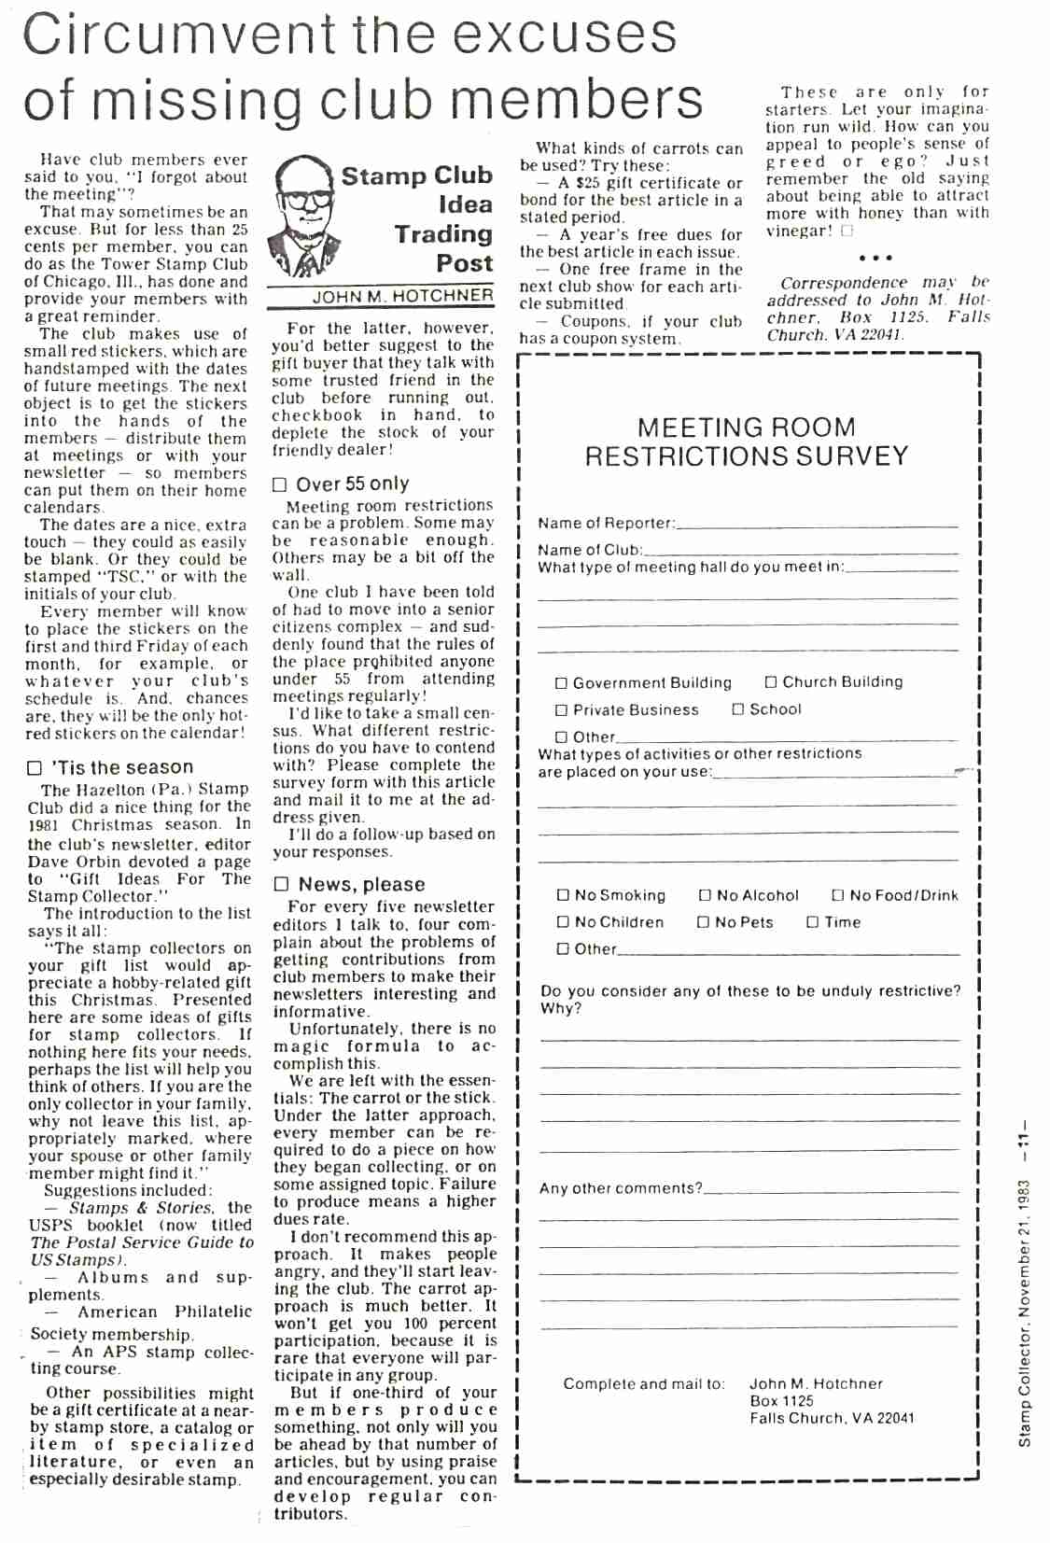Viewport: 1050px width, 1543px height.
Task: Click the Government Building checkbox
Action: (x=561, y=683)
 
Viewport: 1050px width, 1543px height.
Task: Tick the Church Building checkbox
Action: (x=771, y=682)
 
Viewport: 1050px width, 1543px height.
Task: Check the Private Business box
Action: (x=561, y=710)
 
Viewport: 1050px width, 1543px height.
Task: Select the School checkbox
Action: (x=738, y=709)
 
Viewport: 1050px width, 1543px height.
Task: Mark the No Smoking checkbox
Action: (x=563, y=895)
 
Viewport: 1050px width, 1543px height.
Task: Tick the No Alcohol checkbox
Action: (x=706, y=895)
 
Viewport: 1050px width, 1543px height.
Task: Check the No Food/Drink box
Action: (x=837, y=895)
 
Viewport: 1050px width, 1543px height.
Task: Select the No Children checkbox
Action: (x=563, y=922)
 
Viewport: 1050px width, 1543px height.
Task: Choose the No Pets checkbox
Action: (x=704, y=922)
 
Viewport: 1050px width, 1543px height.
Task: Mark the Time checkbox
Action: (x=812, y=922)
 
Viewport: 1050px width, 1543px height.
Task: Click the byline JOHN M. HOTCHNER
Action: (x=402, y=296)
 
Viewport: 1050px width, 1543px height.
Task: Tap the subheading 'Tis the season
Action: (x=122, y=767)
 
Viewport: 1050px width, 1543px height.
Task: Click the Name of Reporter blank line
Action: (x=817, y=526)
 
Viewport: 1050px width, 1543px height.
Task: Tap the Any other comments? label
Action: (x=621, y=1188)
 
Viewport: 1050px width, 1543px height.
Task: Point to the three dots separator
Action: (x=875, y=258)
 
